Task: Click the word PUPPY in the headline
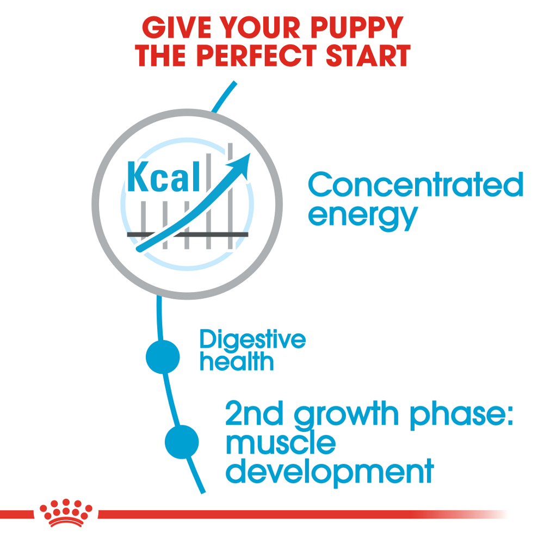click(357, 27)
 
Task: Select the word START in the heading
click(368, 55)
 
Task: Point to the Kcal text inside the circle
click(163, 177)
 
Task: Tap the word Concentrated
click(416, 184)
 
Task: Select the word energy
click(362, 216)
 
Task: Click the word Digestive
click(252, 339)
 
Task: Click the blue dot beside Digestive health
click(163, 357)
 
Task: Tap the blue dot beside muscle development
click(182, 442)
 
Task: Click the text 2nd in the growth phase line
click(254, 413)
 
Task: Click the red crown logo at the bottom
click(66, 512)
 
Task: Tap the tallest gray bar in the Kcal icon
click(230, 196)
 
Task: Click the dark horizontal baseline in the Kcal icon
click(188, 234)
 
